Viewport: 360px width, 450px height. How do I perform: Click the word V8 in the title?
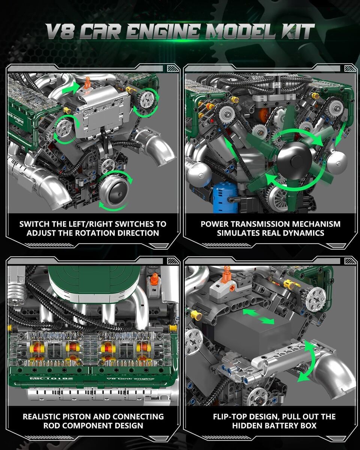click(60, 31)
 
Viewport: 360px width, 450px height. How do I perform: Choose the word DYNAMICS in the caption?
click(304, 233)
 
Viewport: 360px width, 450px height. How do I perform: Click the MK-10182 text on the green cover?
click(52, 378)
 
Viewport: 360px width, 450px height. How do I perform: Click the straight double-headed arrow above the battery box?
click(258, 317)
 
